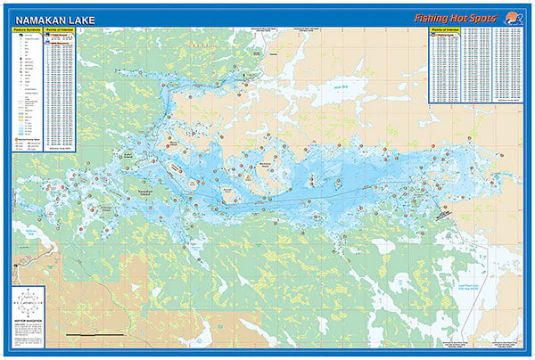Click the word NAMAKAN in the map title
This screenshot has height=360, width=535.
38,16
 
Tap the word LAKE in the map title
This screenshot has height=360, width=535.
78,16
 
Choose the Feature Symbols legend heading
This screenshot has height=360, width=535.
27,30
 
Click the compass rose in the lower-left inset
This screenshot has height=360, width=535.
29,302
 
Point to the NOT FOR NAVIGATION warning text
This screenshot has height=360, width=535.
29,323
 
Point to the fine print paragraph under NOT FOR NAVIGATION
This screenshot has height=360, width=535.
29,335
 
